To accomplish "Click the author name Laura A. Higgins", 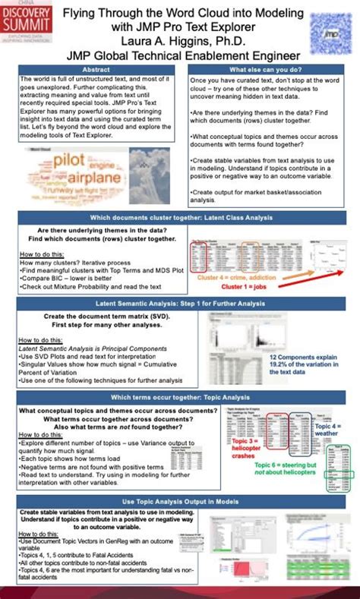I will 182,42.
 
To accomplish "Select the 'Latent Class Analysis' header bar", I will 181,217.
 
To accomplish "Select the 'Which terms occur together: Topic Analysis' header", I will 181,397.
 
